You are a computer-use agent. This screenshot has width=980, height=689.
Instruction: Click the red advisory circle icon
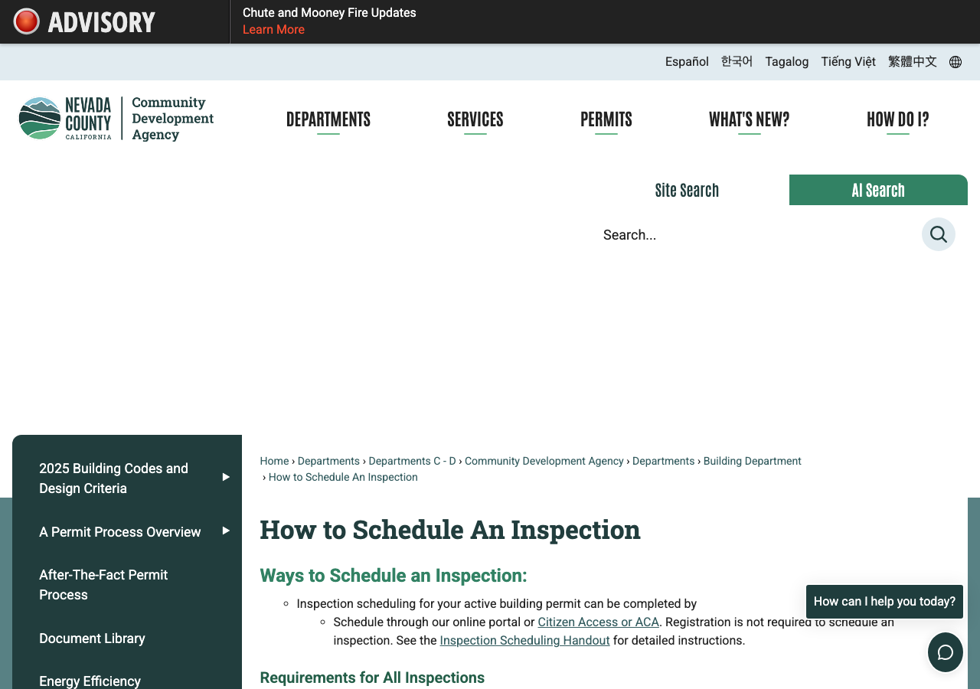pos(26,21)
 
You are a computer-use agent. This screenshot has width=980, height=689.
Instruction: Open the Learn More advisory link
pos(273,30)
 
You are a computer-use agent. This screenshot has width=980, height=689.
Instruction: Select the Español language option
pos(687,62)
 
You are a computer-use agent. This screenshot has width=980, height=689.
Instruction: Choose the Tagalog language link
pos(786,62)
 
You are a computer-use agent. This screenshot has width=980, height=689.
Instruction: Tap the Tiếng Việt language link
pos(848,62)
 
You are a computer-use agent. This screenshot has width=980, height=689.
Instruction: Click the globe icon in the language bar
pos(955,62)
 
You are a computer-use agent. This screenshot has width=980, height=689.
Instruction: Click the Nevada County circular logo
pos(40,118)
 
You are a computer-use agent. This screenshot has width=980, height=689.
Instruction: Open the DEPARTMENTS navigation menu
pos(328,119)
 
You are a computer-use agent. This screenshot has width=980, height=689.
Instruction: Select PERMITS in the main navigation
pos(606,119)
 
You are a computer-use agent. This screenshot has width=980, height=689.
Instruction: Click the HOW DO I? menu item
pos(898,119)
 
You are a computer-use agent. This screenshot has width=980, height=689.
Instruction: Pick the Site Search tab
pos(687,191)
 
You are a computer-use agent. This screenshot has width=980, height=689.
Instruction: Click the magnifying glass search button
pos(938,234)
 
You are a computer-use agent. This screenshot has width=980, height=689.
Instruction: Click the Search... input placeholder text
pos(629,235)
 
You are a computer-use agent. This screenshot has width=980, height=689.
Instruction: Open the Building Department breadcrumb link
pos(752,461)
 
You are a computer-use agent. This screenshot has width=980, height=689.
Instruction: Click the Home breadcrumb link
pos(274,461)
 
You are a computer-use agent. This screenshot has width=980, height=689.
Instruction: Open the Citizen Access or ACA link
pos(598,622)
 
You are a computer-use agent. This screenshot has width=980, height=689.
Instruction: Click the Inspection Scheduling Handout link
pos(524,640)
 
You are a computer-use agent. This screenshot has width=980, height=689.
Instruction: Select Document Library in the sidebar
pos(92,638)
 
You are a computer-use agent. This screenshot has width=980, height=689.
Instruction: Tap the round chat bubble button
pos(945,652)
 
